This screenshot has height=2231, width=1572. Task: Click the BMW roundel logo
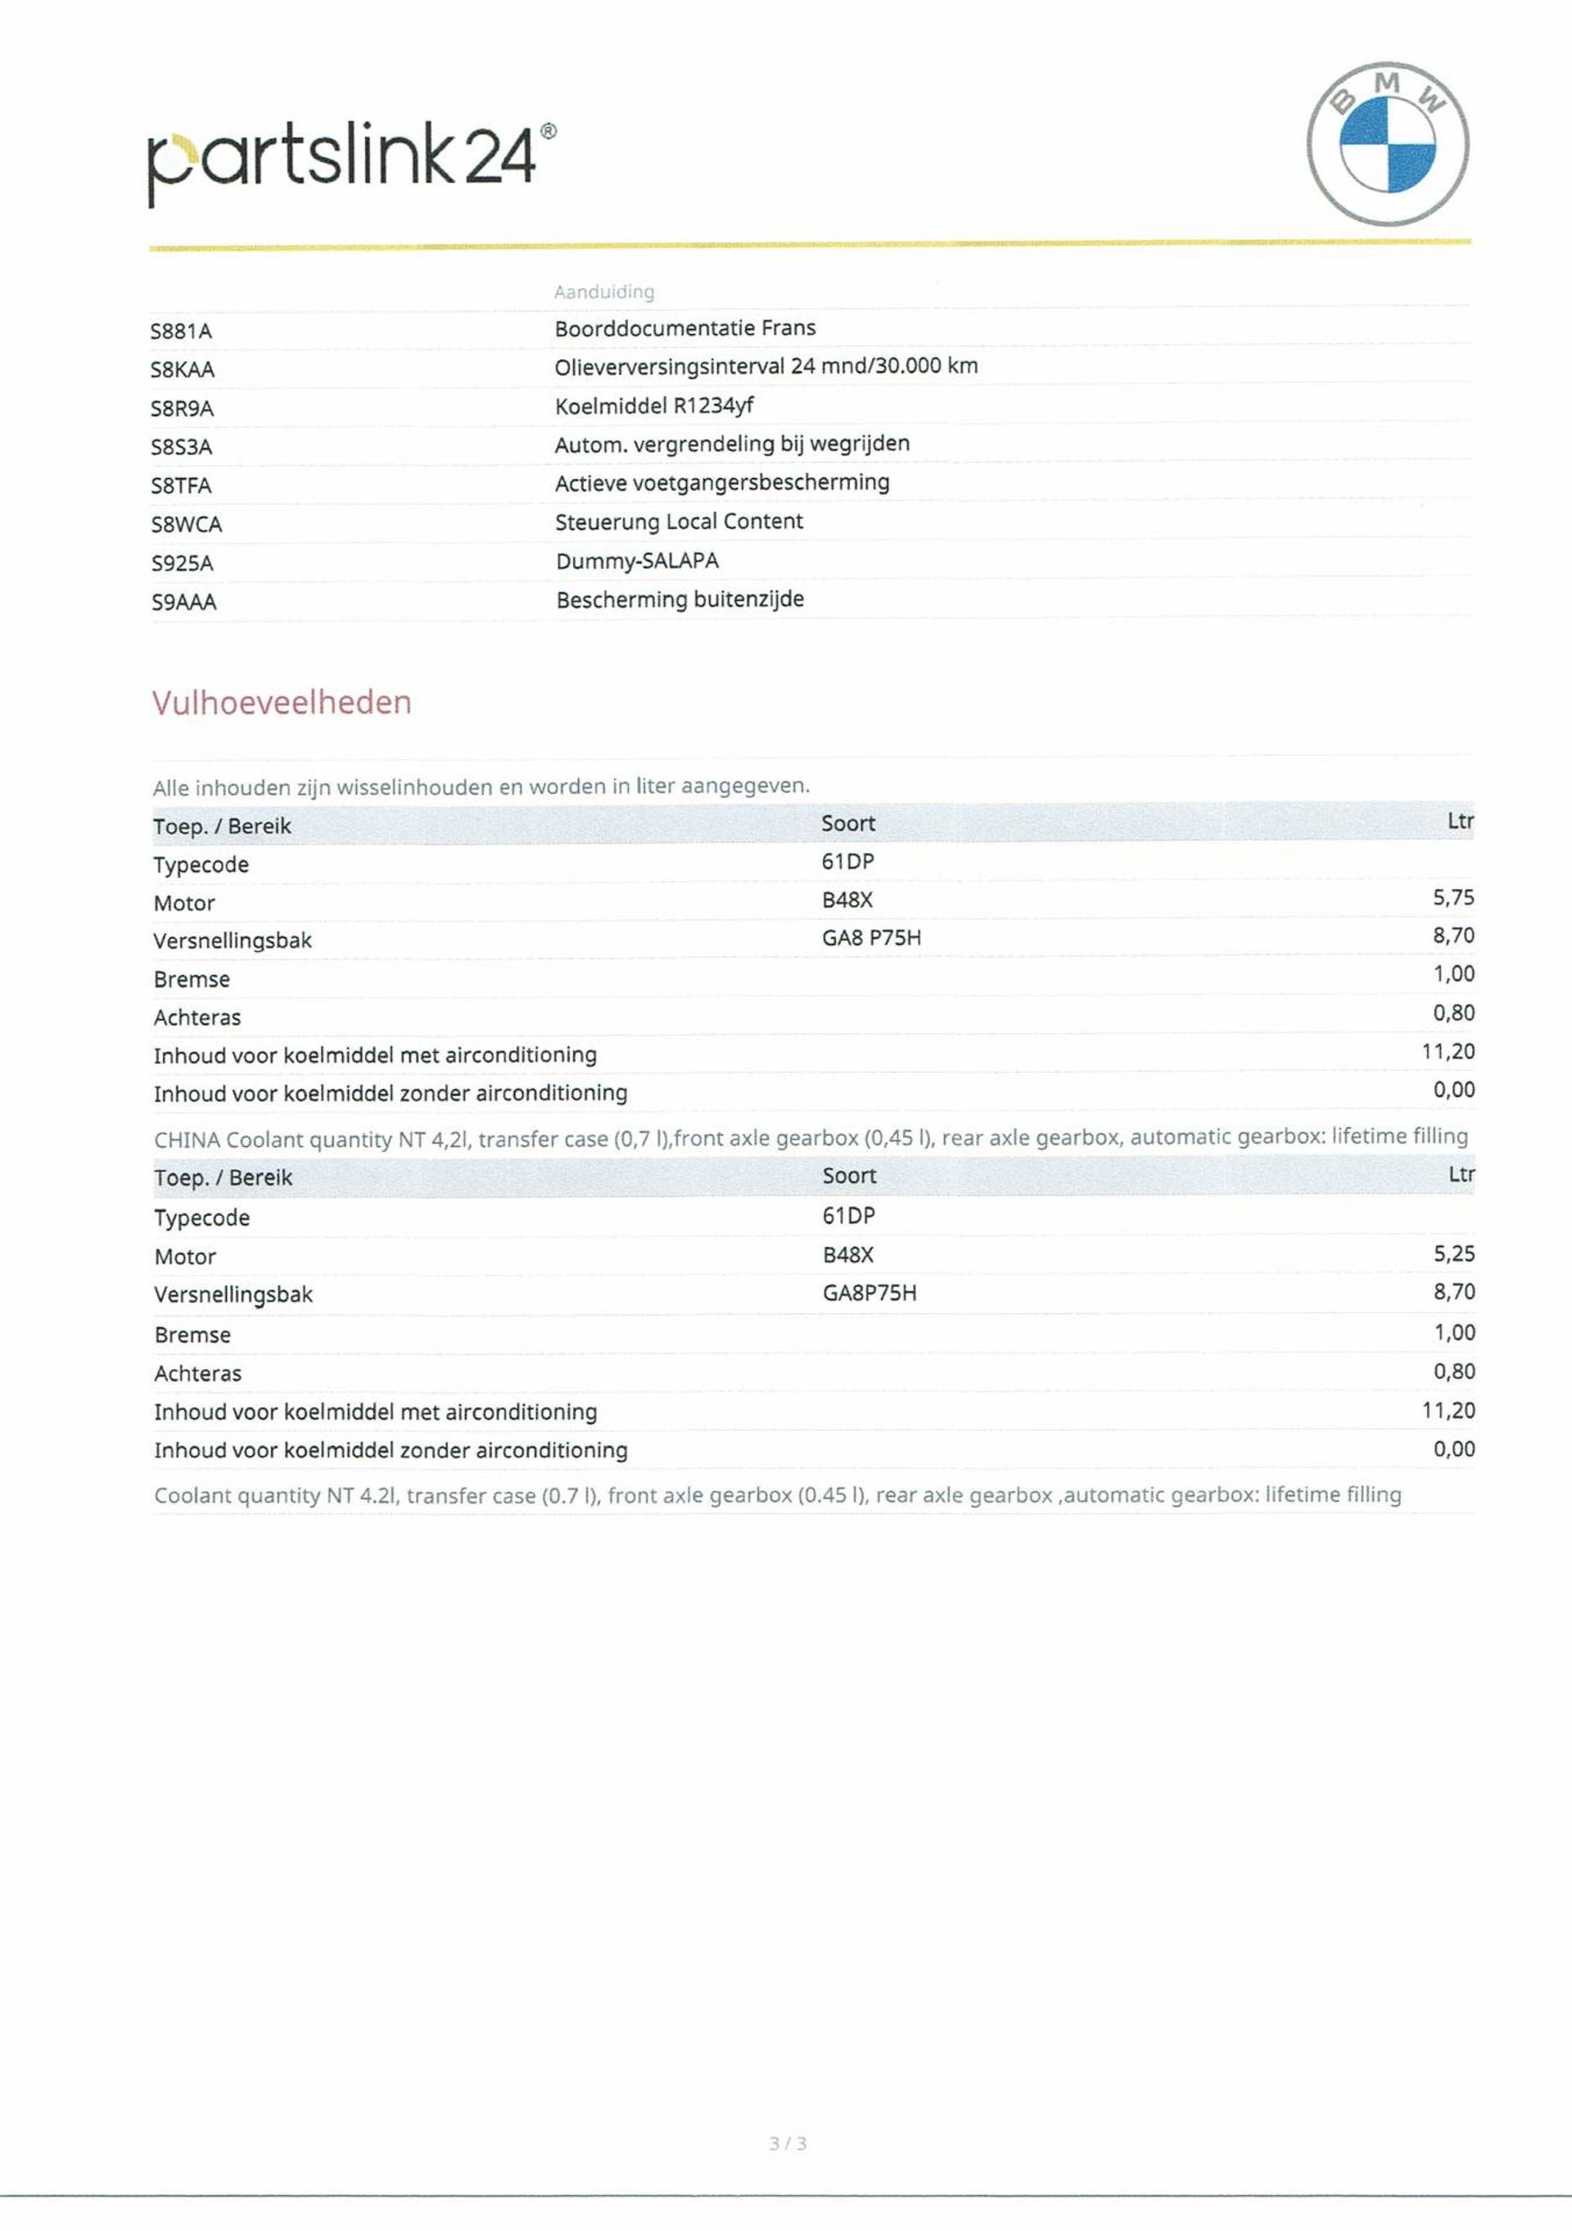tap(1388, 144)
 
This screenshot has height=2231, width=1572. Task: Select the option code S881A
tap(181, 332)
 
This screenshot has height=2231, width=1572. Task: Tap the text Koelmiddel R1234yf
tap(654, 405)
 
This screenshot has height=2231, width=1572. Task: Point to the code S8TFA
tap(181, 485)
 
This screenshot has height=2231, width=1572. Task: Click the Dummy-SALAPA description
tap(637, 561)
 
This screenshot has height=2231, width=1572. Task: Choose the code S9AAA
tap(183, 603)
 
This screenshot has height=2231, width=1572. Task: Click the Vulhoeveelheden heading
tap(282, 702)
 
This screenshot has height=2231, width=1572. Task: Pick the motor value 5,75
tap(1452, 898)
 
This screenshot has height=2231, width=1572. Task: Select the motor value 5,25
tap(1453, 1253)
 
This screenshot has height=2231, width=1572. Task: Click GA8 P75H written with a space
tap(870, 937)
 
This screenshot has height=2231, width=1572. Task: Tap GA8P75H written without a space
tap(870, 1293)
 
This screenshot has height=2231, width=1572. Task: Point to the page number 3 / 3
tap(787, 2143)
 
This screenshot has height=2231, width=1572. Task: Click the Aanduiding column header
tap(603, 291)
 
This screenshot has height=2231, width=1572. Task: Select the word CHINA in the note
tap(187, 1140)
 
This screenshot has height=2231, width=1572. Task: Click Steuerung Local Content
tap(679, 522)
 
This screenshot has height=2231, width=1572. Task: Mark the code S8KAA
tap(183, 370)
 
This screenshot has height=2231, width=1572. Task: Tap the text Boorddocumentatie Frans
tap(685, 328)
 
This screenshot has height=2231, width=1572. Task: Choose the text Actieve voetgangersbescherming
tap(722, 483)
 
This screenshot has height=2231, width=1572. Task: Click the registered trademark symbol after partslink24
tap(549, 131)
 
